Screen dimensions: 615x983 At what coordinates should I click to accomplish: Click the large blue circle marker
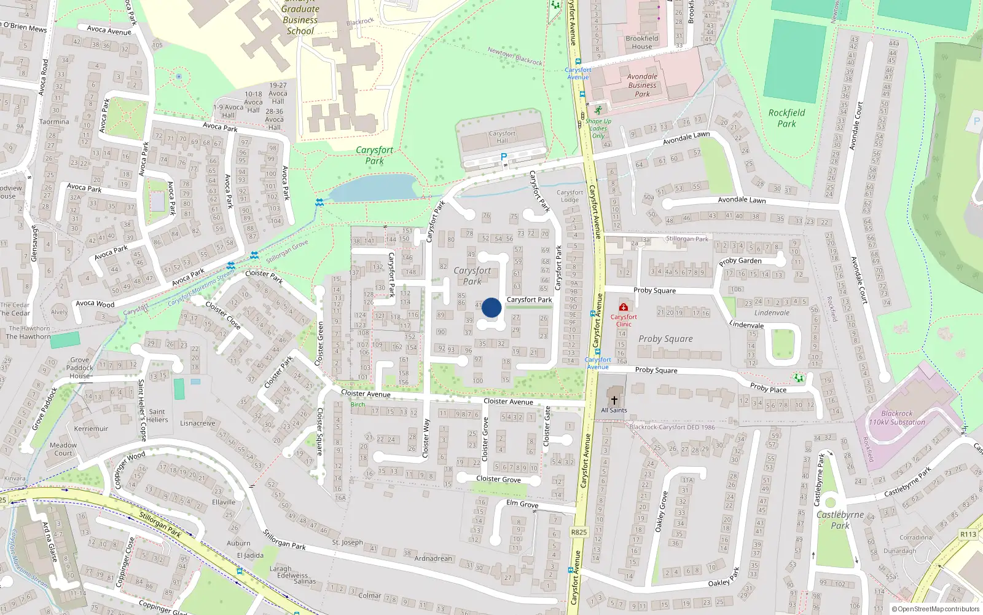pyautogui.click(x=491, y=307)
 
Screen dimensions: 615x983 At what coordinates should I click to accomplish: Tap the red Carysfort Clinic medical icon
pyautogui.click(x=624, y=307)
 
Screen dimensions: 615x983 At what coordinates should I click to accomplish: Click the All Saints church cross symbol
pyautogui.click(x=614, y=400)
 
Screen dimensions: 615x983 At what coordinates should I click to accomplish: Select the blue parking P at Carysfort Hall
pyautogui.click(x=504, y=157)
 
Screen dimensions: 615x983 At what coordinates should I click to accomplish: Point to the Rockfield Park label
pyautogui.click(x=786, y=118)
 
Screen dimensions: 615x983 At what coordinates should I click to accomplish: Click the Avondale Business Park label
pyautogui.click(x=642, y=85)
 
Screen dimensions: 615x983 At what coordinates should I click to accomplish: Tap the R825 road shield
pyautogui.click(x=579, y=532)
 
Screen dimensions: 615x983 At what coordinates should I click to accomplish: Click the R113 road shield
pyautogui.click(x=968, y=534)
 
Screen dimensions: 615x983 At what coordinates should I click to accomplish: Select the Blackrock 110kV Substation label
pyautogui.click(x=897, y=418)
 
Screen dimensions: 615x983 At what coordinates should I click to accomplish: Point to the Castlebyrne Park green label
pyautogui.click(x=840, y=520)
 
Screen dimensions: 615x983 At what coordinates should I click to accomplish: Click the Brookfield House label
pyautogui.click(x=642, y=42)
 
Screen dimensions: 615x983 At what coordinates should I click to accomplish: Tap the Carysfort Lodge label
pyautogui.click(x=570, y=196)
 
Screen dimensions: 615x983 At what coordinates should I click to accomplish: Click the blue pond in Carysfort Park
pyautogui.click(x=372, y=188)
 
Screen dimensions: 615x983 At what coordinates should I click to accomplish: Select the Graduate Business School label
pyautogui.click(x=300, y=20)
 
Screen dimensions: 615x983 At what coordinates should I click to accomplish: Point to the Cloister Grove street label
pyautogui.click(x=498, y=479)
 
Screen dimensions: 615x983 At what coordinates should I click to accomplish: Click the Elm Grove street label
pyautogui.click(x=522, y=504)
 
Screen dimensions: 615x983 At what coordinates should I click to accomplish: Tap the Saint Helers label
pyautogui.click(x=157, y=416)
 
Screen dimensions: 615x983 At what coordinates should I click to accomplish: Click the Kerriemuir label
pyautogui.click(x=91, y=429)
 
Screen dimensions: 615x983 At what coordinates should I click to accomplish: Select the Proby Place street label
pyautogui.click(x=768, y=388)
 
